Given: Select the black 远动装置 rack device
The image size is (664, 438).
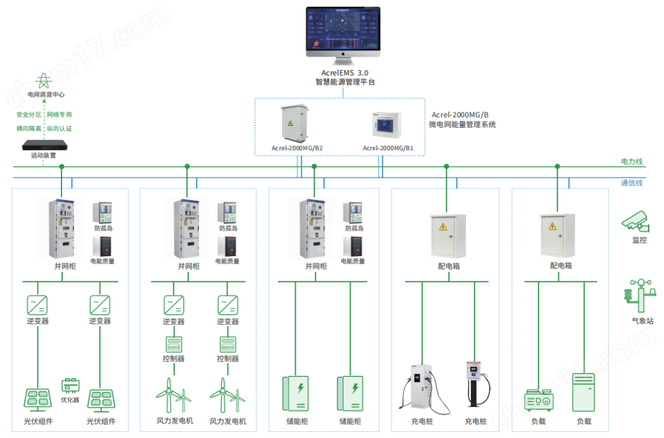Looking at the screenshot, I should coord(43,145).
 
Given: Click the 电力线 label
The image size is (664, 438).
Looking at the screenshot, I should coord(631,162).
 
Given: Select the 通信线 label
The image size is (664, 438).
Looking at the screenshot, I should coord(631,182).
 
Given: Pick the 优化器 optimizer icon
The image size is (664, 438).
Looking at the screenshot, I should coord(70,386).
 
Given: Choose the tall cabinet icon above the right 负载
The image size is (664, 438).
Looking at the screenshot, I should coord(583,393).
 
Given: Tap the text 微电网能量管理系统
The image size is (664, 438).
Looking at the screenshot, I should coord(462,125).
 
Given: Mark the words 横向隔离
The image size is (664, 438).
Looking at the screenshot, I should coord(29,128).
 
